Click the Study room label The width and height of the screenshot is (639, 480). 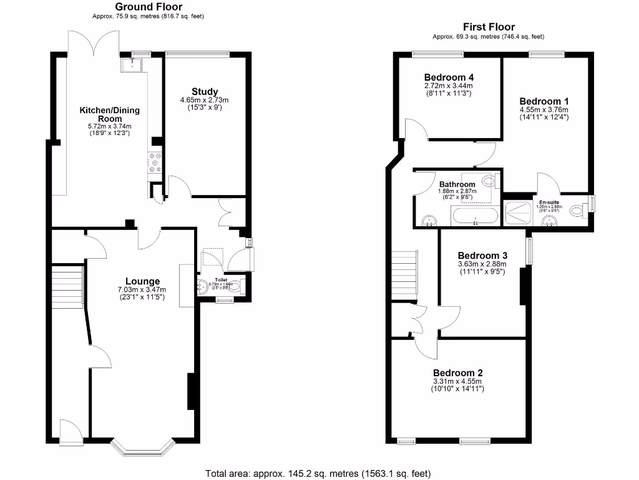click(204, 92)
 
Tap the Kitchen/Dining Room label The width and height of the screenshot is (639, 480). click(109, 114)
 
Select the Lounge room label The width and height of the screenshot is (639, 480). click(142, 281)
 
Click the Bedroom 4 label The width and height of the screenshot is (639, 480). click(447, 77)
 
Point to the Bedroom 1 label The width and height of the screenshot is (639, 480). click(544, 101)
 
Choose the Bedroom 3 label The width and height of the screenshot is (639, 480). click(482, 256)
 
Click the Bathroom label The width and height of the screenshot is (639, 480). click(457, 184)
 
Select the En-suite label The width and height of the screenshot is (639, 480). click(550, 202)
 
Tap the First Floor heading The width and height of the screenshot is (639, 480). click(489, 27)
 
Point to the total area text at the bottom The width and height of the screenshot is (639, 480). click(318, 473)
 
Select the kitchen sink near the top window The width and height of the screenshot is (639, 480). click(133, 64)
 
